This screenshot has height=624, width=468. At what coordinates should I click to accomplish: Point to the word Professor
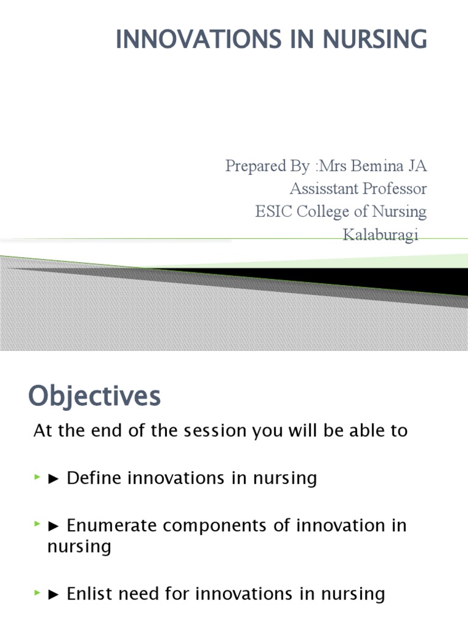point(395,188)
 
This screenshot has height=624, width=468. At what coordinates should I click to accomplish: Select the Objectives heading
point(94,397)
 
